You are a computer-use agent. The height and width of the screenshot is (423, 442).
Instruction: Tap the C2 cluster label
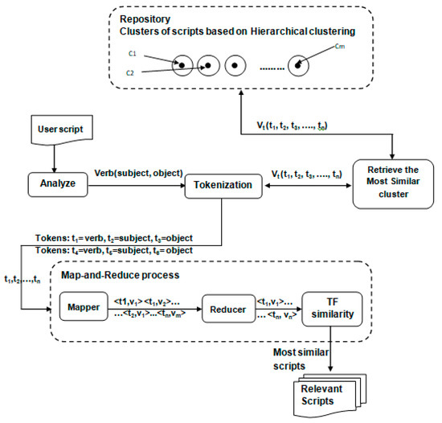tap(130, 72)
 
